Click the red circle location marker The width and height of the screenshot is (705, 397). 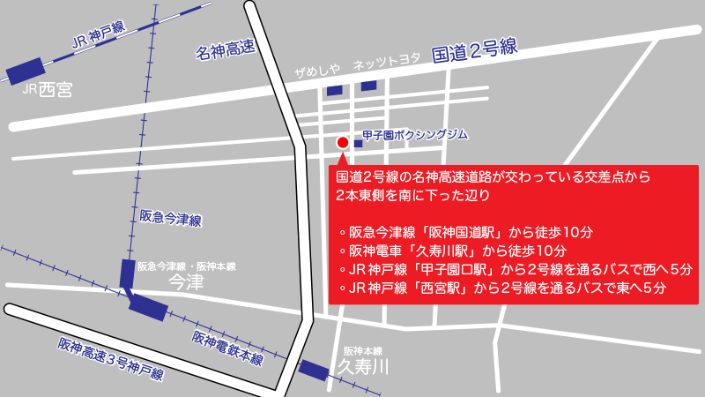point(343,143)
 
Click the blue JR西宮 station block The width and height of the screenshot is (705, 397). point(26,70)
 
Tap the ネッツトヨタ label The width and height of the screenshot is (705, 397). point(387,64)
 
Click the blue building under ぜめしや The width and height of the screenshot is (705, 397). point(334,90)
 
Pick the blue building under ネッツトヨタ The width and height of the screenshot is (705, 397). point(368,86)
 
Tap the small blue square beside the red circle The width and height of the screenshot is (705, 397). point(358,143)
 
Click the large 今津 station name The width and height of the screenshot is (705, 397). point(185,282)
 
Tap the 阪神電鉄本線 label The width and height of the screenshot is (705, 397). point(227,348)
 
